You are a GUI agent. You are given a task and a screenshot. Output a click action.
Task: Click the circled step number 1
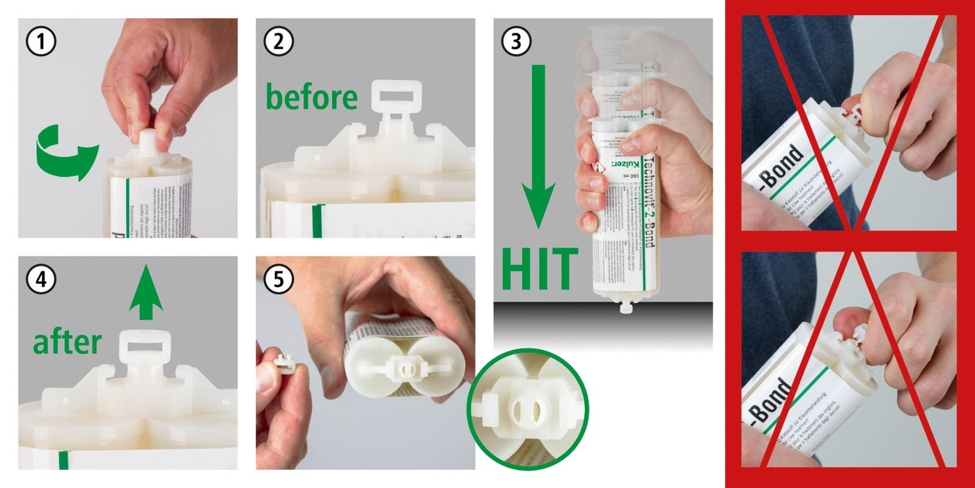click(x=40, y=43)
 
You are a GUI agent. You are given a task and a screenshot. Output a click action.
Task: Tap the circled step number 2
click(x=278, y=43)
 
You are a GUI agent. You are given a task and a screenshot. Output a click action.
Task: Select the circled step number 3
click(x=515, y=43)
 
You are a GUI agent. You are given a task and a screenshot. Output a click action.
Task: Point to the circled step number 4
click(x=40, y=280)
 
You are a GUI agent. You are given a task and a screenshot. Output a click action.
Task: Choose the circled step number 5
click(x=279, y=280)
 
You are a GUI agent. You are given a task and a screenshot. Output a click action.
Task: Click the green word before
click(x=311, y=98)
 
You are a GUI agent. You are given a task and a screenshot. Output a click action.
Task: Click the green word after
click(x=68, y=342)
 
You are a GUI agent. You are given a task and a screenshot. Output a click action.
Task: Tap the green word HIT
click(x=540, y=269)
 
